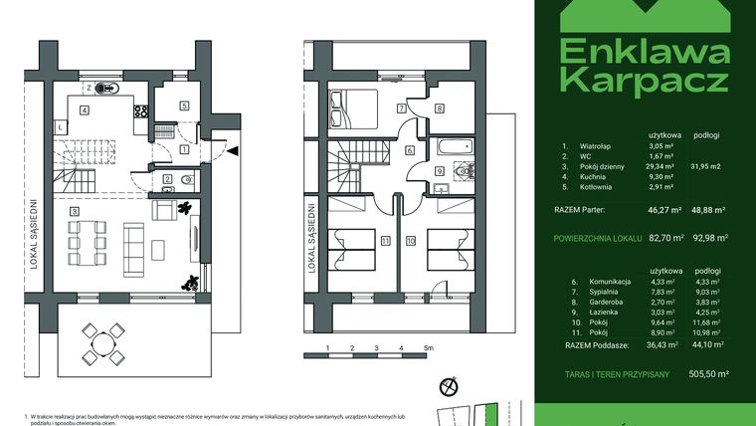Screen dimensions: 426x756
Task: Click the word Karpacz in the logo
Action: pos(643,80)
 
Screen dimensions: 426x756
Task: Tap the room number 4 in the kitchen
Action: pos(86,109)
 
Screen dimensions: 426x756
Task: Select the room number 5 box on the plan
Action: pos(184,106)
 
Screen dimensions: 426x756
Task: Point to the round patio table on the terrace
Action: pos(103,342)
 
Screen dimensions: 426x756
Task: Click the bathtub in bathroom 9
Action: pos(449,148)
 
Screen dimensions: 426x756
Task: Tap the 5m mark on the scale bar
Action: pos(427,348)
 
